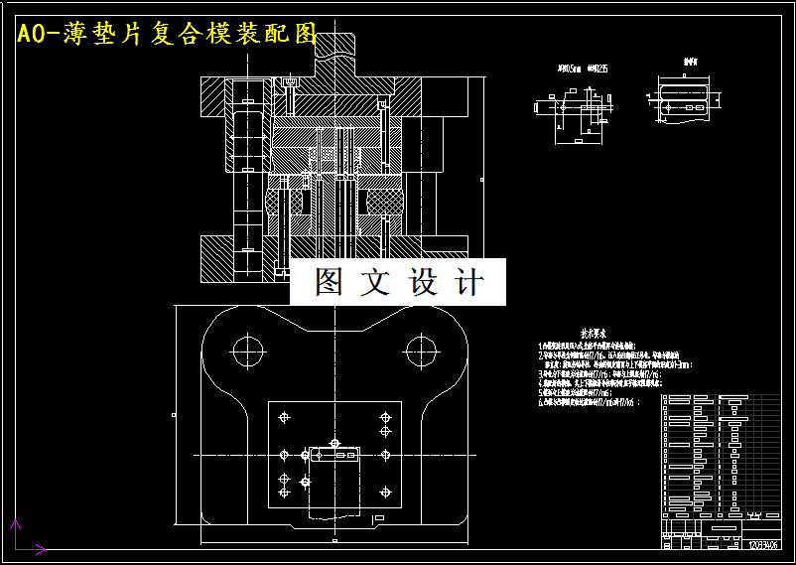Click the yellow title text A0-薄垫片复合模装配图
click(166, 35)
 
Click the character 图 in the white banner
click(329, 282)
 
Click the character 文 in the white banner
click(375, 282)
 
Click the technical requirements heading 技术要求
click(593, 336)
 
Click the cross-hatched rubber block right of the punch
click(381, 199)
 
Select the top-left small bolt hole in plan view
click(285, 415)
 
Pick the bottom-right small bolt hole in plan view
click(385, 493)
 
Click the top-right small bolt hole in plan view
click(385, 417)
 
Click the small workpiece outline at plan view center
click(334, 455)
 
